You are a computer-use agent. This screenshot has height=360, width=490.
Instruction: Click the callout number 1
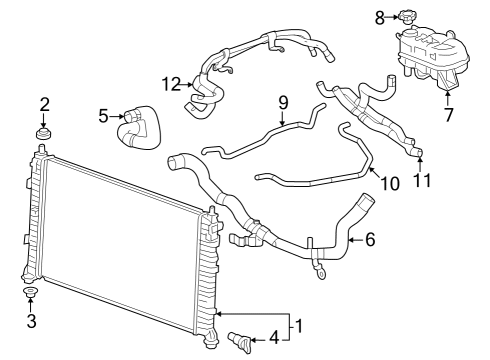pos(296,325)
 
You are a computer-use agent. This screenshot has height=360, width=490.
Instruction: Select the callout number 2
pos(44,104)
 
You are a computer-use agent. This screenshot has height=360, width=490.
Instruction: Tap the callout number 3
pos(31,321)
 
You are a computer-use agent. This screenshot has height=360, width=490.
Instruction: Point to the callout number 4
pos(273,338)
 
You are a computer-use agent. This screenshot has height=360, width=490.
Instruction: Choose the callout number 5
pos(103,116)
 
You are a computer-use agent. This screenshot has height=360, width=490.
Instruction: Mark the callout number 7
pos(448,114)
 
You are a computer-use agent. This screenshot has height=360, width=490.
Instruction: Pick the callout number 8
pos(379,16)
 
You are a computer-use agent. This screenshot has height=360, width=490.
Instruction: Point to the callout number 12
pos(171,82)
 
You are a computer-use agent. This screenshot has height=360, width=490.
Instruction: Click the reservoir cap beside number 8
pos(405,16)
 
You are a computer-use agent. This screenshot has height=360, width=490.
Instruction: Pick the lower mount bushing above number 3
pos(30,293)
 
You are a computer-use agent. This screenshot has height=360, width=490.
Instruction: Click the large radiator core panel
pos(120,240)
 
